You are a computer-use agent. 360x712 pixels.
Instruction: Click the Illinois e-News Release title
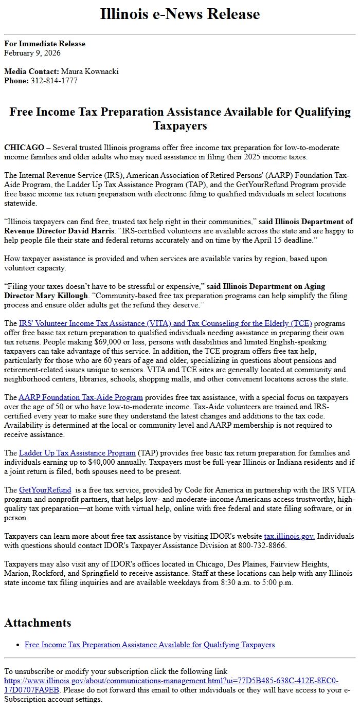[180, 14]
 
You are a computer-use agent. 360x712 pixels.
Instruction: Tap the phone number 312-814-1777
[54, 81]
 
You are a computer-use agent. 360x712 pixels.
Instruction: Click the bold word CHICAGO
[24, 148]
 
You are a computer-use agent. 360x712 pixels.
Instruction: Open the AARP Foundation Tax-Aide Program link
[81, 397]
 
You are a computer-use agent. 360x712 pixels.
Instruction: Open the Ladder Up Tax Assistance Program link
[77, 453]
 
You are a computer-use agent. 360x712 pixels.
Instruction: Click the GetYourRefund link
[45, 490]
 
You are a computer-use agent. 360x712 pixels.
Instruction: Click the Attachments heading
[38, 623]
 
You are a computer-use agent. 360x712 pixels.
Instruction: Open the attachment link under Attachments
[150, 645]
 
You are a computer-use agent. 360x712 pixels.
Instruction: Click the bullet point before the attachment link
[19, 645]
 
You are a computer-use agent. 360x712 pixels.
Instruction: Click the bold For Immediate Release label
[45, 44]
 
